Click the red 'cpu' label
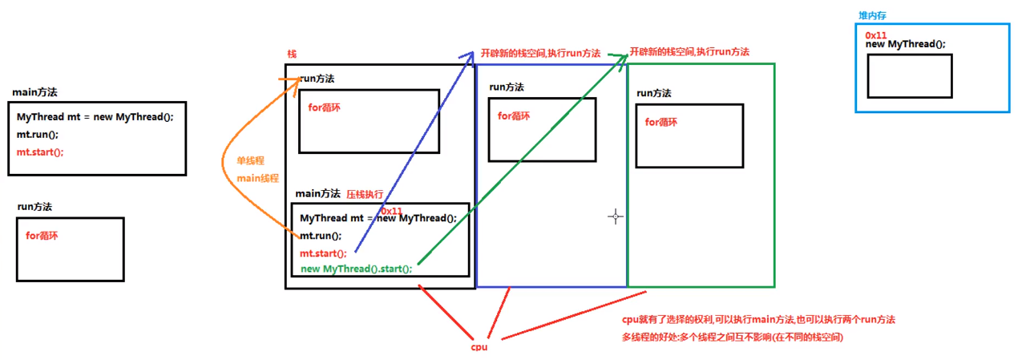[479, 347]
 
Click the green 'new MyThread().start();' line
[357, 269]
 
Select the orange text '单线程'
[250, 160]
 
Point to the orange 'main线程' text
[258, 178]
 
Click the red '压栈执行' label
[365, 194]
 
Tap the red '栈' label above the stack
[292, 54]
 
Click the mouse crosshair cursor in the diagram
[615, 216]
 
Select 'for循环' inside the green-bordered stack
[661, 123]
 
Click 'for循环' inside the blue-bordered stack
[514, 116]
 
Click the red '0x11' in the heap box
[876, 35]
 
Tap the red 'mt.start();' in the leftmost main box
[39, 152]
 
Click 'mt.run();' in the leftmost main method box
[38, 134]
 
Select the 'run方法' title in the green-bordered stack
[654, 93]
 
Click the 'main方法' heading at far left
[34, 93]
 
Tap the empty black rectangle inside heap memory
[909, 76]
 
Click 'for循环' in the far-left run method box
[42, 236]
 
